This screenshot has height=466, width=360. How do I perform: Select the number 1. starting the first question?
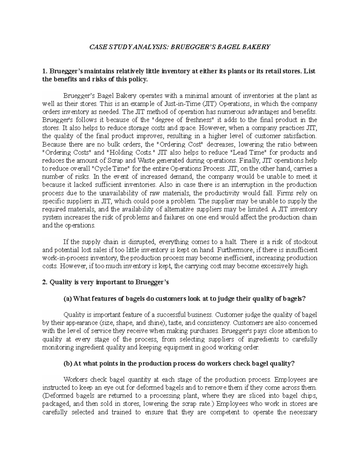[45, 71]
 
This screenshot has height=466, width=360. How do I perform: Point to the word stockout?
[304, 242]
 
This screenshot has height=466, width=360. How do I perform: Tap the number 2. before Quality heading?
[45, 282]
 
